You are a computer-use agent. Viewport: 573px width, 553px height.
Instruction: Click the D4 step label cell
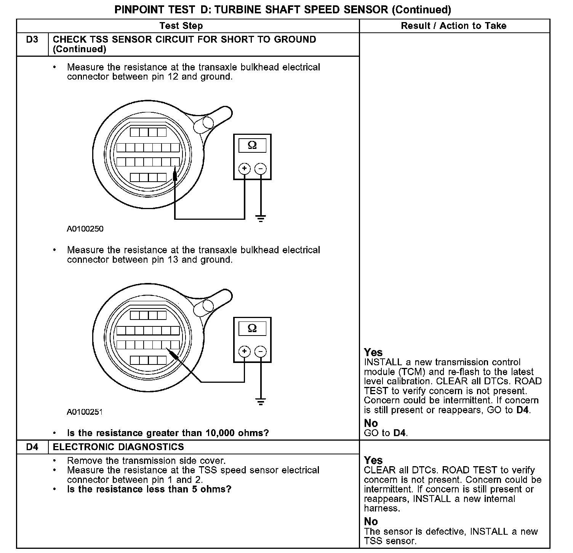32,447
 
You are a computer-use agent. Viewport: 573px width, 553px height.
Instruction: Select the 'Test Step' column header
181,26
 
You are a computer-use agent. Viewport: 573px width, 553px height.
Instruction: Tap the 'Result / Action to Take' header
454,26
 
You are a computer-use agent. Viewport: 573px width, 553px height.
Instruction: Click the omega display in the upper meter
252,145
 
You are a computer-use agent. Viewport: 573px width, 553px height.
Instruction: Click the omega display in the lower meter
252,328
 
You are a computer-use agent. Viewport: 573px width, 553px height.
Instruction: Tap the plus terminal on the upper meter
244,168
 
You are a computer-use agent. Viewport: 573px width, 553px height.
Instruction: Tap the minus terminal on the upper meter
261,168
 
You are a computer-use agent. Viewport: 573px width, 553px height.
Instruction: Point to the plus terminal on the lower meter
244,351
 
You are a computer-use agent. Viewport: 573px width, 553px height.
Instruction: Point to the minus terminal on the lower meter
261,351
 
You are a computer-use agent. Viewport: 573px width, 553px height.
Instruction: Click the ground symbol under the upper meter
261,219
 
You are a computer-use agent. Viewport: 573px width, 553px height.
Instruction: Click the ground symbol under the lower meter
261,401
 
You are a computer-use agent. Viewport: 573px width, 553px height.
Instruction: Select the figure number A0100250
85,229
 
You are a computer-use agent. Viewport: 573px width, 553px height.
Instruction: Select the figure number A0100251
85,412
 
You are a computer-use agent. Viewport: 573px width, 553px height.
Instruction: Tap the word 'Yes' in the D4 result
373,460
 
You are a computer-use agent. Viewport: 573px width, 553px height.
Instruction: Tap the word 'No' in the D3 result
371,423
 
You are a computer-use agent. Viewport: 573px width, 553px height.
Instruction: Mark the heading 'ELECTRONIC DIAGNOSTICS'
118,447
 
